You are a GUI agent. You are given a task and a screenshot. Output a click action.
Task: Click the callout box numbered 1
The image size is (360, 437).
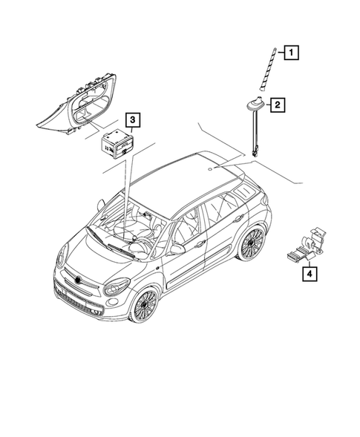(293, 52)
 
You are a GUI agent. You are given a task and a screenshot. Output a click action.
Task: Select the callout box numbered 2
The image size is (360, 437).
(276, 105)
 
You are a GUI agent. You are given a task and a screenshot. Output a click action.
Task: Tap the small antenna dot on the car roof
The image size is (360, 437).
(210, 169)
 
